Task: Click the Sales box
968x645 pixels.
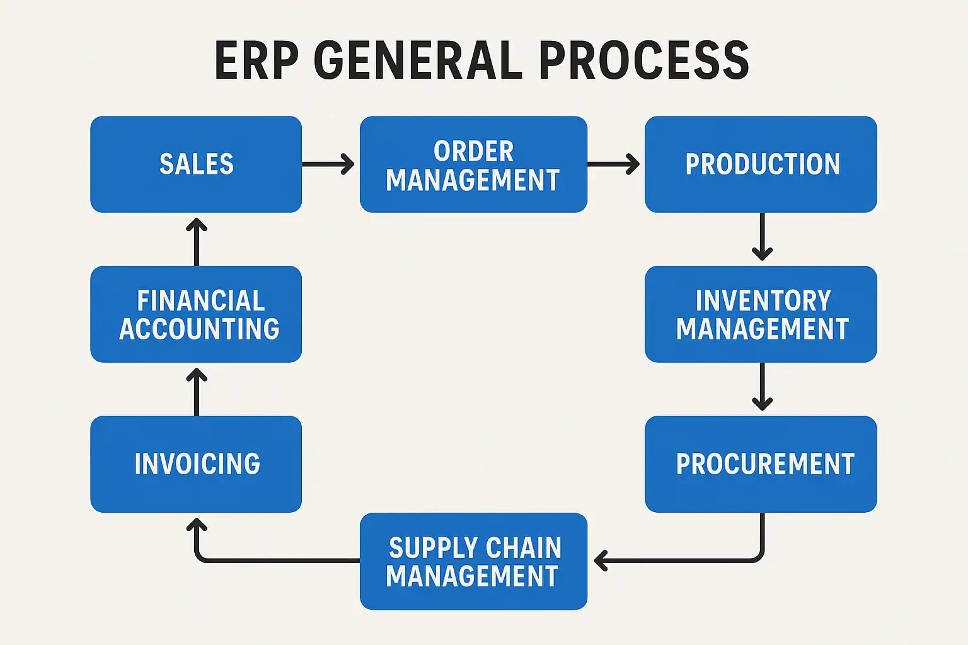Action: point(196,164)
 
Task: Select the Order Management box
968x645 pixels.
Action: point(473,164)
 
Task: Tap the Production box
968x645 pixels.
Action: point(761,164)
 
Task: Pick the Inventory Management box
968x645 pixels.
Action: point(761,314)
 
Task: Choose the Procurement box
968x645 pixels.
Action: point(761,464)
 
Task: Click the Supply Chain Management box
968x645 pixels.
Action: point(473,561)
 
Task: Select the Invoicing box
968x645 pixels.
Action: point(196,464)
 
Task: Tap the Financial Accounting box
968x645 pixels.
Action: point(196,314)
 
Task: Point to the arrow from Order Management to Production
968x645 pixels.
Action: point(613,164)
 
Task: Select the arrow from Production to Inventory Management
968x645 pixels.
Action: point(763,237)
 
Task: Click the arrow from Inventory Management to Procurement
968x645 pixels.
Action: point(763,387)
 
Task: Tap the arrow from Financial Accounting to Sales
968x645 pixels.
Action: point(197,242)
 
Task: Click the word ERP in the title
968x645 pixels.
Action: point(256,60)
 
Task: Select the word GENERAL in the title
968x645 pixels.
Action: point(418,60)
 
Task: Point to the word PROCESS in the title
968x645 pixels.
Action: point(643,60)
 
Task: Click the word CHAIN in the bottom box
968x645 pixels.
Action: point(524,548)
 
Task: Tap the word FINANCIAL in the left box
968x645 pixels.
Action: point(201,301)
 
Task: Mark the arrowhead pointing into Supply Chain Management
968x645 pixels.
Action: point(600,560)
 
